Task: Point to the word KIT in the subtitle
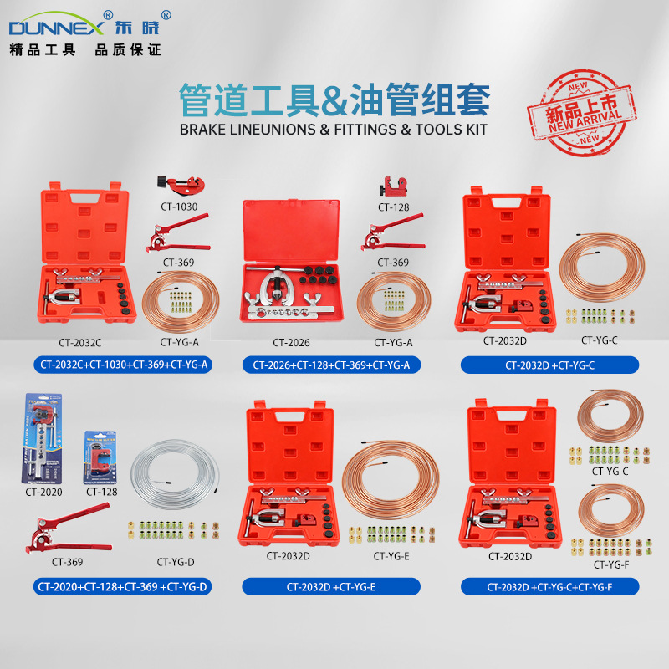473,130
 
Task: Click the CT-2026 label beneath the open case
291,342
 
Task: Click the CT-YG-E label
391,556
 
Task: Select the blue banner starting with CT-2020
122,586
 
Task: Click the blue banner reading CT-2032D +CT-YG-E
331,586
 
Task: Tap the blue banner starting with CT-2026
331,365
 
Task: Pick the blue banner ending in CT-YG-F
549,586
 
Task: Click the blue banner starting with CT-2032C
122,365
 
